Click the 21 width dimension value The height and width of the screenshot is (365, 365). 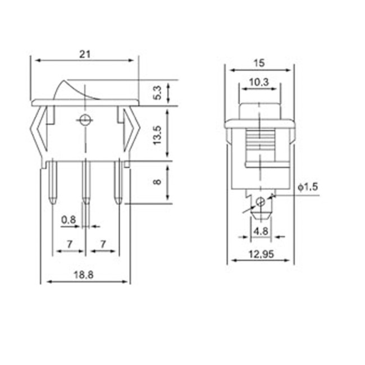[x=85, y=54]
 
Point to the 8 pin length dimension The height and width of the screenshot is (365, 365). [x=158, y=182]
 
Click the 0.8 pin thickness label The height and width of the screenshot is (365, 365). [x=69, y=220]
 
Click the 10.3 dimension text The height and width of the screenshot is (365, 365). [x=258, y=83]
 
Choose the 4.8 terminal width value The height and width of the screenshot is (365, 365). [x=260, y=231]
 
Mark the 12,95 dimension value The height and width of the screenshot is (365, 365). [x=260, y=254]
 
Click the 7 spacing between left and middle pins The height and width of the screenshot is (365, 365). [x=69, y=244]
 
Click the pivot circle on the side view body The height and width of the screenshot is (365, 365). [x=85, y=120]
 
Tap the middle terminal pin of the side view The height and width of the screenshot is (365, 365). [x=85, y=182]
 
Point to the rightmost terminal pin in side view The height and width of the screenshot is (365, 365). [x=118, y=182]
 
